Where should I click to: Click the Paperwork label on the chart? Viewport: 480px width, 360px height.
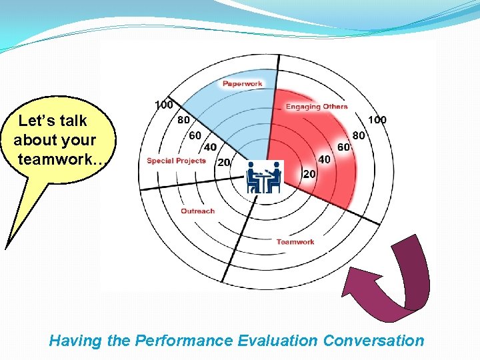point(242,83)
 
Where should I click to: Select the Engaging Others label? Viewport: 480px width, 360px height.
point(317,107)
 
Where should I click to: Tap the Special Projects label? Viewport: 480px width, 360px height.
point(177,161)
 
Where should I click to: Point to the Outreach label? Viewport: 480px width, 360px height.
point(198,211)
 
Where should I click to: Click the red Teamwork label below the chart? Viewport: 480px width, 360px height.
point(295,241)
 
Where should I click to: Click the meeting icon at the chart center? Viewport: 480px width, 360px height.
point(264,178)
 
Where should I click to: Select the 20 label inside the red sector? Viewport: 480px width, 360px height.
point(309,173)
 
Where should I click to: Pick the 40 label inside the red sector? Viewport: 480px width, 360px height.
point(325,159)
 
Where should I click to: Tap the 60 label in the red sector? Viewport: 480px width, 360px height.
point(344,147)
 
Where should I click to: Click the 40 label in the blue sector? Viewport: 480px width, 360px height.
point(209,147)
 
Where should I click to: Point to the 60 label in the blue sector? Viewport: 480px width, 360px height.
point(195,135)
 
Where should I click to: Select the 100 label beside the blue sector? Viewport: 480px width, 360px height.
point(164,105)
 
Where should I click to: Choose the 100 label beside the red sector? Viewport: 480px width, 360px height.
point(377,120)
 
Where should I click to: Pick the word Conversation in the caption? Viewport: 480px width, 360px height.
point(373,341)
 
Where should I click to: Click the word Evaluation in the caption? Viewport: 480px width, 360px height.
point(277,341)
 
